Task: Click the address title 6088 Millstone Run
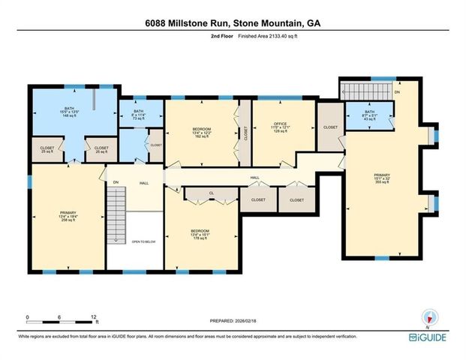(233, 24)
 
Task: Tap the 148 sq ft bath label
(70, 112)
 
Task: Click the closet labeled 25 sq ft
(47, 149)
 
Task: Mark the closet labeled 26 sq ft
(101, 149)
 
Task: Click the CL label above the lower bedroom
(212, 193)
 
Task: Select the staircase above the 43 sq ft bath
(366, 91)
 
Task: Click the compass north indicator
(429, 318)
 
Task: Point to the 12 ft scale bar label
(93, 316)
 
